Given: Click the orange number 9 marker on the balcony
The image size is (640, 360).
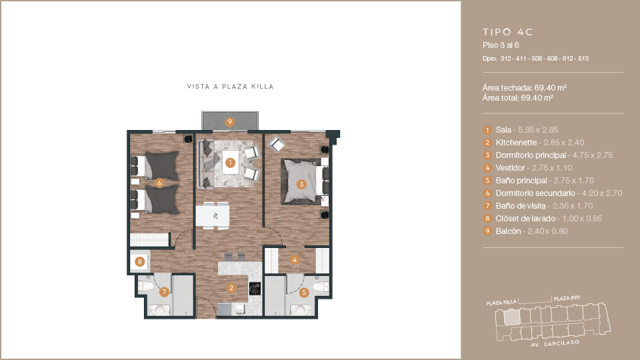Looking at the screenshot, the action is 230,121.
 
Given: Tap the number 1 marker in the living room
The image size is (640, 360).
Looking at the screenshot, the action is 230,163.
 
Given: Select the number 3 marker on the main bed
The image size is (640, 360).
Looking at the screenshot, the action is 301,184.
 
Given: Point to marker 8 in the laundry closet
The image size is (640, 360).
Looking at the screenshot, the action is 139,261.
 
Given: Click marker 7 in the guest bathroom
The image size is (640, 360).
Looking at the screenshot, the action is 164,292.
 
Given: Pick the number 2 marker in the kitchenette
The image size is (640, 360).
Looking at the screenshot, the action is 231,288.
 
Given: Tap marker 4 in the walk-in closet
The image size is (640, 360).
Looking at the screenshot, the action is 295,259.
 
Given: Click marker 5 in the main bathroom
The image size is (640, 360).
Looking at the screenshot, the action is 304,292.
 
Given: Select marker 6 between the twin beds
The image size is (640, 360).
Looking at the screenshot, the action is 159,183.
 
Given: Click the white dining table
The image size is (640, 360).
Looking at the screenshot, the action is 212,216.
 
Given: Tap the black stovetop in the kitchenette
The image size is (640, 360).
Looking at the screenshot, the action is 255,289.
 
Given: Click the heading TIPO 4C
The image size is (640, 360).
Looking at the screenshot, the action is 508,32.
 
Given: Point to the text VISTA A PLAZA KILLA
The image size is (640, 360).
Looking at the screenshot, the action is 230,87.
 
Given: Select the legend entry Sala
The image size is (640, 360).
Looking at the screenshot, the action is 503,130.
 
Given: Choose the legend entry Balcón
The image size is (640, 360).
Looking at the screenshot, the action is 508,231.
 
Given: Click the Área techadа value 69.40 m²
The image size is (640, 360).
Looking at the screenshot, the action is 551,88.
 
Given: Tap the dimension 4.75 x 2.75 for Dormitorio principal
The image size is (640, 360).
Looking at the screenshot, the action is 593,155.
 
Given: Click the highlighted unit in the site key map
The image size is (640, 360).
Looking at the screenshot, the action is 512,317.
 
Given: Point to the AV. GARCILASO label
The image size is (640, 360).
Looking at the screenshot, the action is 555,344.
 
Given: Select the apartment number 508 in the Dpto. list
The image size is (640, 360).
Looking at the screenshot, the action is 537,59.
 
